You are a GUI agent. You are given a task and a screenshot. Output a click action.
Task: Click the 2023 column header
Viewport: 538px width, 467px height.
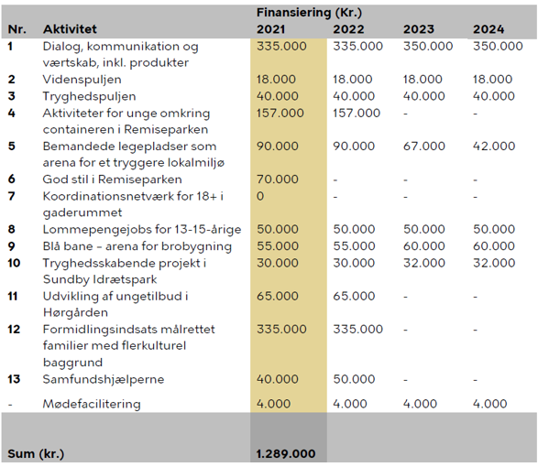click(419, 29)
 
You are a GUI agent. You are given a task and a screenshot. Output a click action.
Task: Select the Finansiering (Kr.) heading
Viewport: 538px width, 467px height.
click(309, 13)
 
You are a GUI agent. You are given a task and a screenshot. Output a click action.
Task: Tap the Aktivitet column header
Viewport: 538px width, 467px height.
click(70, 29)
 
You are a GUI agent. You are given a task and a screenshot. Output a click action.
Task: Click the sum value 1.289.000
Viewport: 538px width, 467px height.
click(286, 453)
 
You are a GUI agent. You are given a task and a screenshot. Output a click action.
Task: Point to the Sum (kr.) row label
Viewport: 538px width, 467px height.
click(36, 454)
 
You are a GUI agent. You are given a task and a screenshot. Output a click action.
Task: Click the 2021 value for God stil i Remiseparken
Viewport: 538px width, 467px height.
click(278, 179)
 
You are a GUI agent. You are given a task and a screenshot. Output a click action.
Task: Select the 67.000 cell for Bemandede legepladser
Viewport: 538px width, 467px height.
click(424, 147)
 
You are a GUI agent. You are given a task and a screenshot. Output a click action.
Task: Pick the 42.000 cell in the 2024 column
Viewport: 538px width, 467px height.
click(494, 147)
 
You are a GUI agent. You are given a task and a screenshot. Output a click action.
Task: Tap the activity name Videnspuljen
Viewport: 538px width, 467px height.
click(82, 80)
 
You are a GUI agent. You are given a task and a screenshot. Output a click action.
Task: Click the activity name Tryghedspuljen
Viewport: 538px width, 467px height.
click(89, 96)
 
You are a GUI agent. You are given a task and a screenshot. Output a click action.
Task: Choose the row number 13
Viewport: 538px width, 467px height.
click(14, 379)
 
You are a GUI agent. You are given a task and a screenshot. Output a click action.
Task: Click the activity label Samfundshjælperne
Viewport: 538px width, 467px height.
click(104, 380)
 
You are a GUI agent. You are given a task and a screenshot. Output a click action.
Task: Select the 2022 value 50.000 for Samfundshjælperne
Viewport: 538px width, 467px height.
click(354, 379)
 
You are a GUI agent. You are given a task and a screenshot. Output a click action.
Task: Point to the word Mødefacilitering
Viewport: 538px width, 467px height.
click(92, 404)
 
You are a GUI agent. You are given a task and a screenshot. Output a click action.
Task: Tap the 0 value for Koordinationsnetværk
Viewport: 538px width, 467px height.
click(260, 196)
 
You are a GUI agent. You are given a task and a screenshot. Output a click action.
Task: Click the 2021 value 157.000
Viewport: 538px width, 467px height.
click(280, 114)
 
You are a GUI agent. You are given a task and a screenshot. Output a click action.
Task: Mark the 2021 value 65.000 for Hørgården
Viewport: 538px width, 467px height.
click(278, 297)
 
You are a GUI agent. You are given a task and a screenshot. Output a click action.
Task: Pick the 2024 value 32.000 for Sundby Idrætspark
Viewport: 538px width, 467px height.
click(494, 263)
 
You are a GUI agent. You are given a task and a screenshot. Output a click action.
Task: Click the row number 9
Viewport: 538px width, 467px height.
click(12, 246)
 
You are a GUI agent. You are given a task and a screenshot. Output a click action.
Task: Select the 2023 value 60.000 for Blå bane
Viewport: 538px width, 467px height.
click(424, 246)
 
